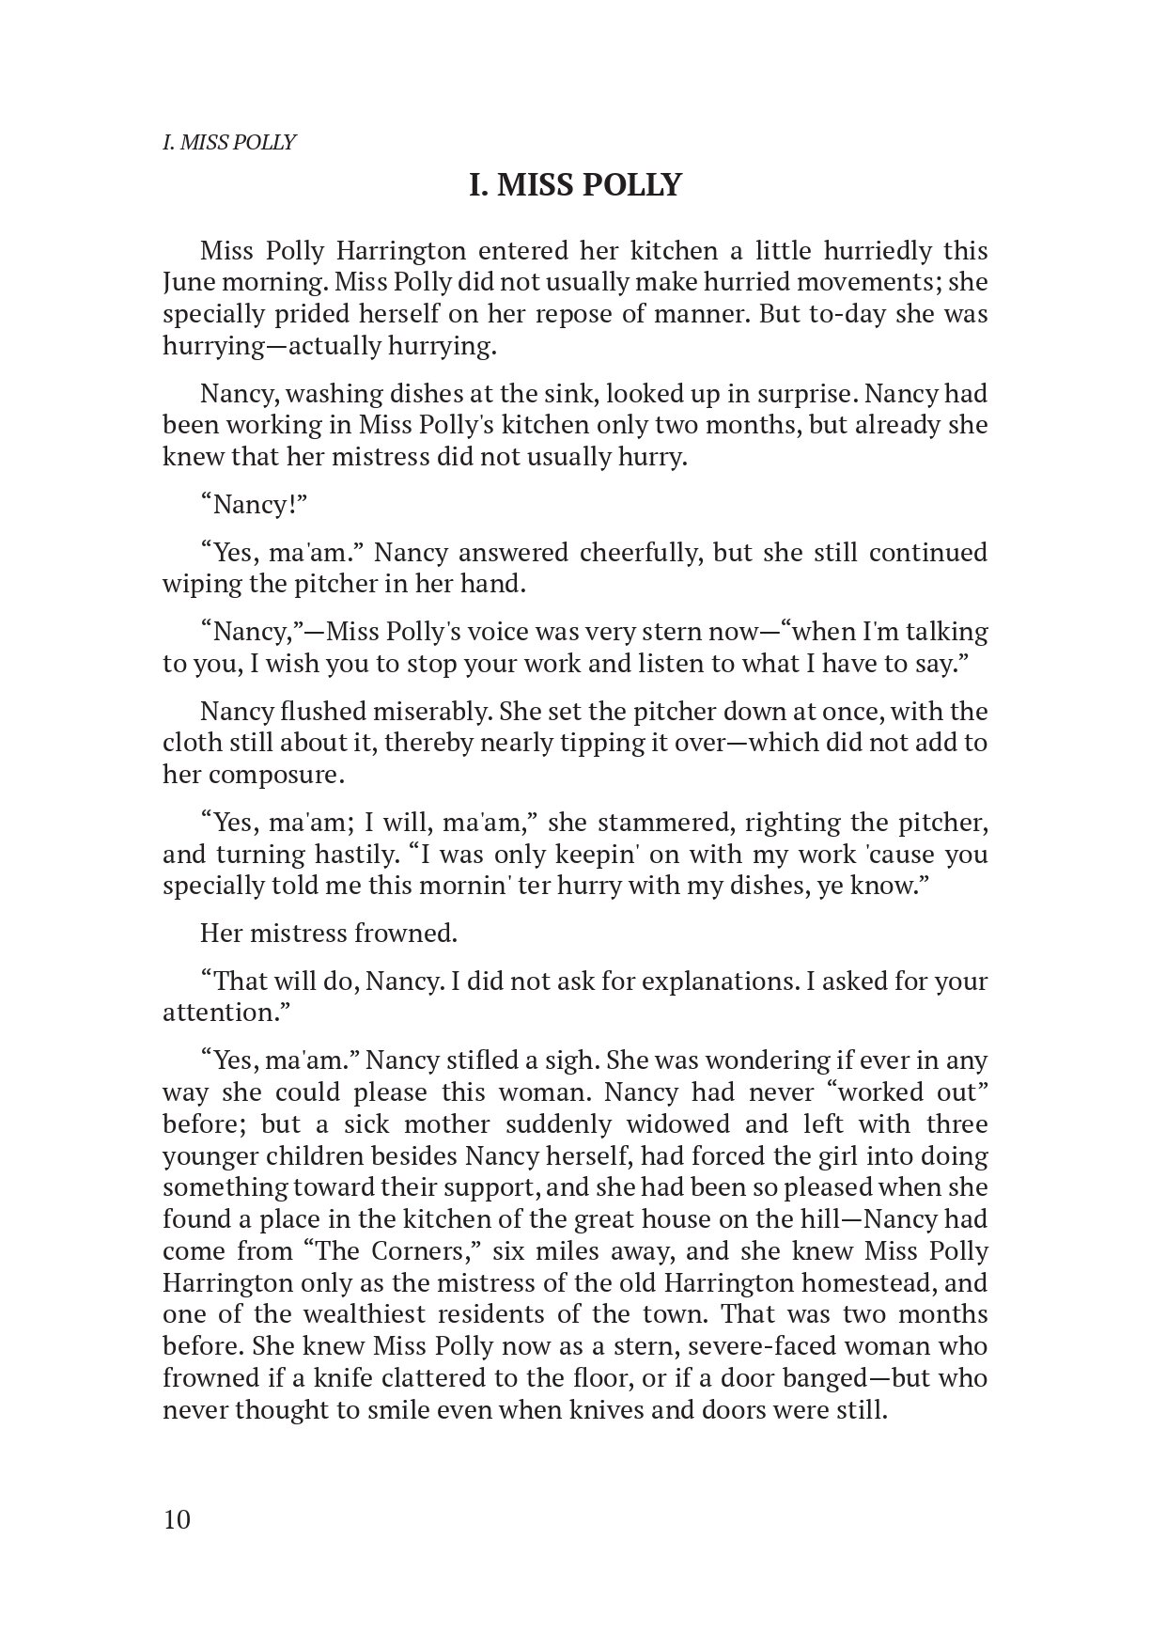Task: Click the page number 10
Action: (177, 1520)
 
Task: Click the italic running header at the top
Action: (229, 143)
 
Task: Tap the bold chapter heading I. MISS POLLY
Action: (575, 185)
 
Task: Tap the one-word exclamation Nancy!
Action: (255, 505)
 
